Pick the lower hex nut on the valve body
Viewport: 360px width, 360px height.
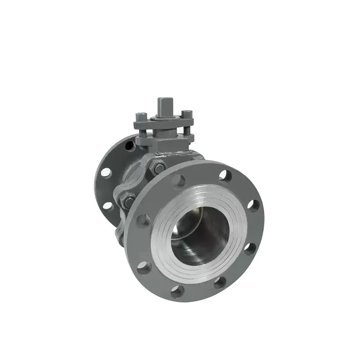pos(128,201)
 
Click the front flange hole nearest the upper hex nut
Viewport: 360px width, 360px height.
pos(179,181)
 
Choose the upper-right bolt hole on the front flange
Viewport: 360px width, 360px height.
pos(225,175)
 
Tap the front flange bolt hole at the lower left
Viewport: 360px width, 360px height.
pos(144,267)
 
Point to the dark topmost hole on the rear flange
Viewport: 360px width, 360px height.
pos(130,146)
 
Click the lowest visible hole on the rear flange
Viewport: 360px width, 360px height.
pos(108,206)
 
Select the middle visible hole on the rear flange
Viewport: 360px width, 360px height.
pos(106,172)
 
